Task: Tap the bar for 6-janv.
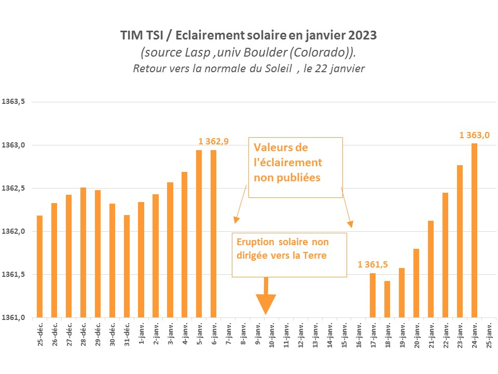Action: (x=213, y=234)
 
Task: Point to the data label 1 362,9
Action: (x=214, y=141)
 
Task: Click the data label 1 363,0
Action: (x=475, y=135)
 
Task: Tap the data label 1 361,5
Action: (x=372, y=264)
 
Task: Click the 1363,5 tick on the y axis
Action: (x=14, y=102)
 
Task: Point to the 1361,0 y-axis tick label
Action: (x=14, y=317)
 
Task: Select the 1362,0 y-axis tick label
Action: (x=14, y=231)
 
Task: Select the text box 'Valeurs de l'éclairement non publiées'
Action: (x=296, y=167)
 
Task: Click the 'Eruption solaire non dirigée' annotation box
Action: (x=289, y=255)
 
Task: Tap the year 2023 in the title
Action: (x=359, y=36)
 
